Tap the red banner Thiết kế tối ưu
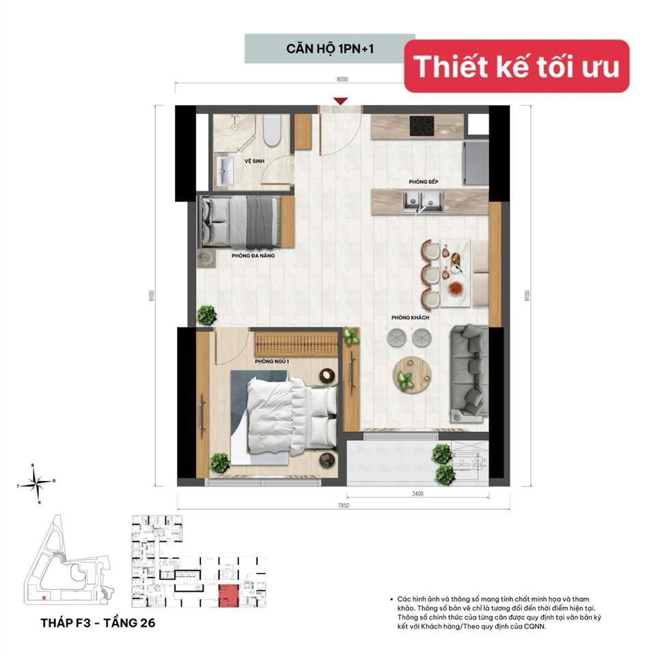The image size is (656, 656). coord(517,66)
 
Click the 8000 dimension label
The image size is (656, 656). coord(342,79)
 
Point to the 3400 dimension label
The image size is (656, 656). coord(418,493)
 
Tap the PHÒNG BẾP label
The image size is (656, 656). coord(424,182)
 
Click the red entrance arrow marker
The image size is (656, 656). coord(341,102)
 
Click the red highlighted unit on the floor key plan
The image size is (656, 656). coord(228,595)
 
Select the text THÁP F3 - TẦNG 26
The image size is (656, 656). coord(93,623)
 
